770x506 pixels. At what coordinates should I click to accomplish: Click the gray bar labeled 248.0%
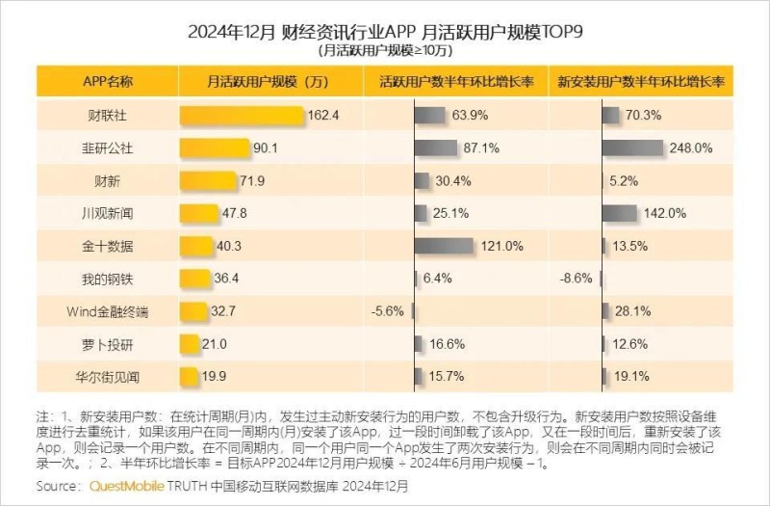pos(632,147)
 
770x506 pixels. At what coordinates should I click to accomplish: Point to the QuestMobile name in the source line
pos(127,487)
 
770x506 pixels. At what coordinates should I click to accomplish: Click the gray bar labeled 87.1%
pos(436,147)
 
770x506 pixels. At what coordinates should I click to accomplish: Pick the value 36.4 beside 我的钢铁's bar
pos(228,279)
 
